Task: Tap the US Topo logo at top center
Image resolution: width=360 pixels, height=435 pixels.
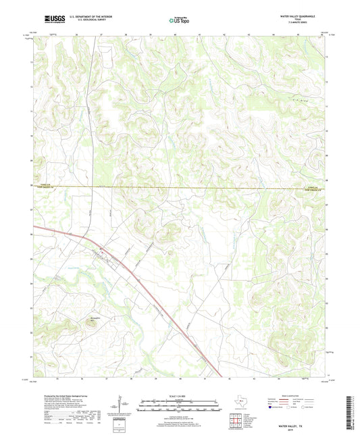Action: [x=179, y=21]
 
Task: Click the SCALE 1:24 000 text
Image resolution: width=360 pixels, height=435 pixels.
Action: [x=180, y=396]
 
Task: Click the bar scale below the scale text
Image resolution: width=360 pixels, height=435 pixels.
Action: [x=180, y=407]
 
